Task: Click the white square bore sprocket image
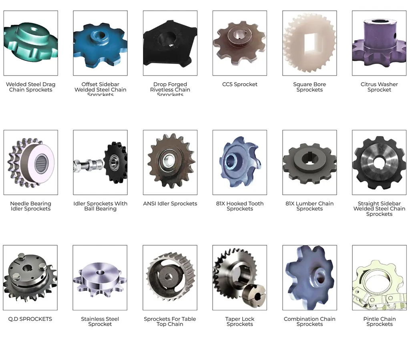point(310,43)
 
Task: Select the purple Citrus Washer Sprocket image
point(379,43)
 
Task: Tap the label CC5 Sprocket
point(240,84)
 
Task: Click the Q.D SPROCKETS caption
point(30,319)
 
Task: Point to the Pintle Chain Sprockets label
point(379,322)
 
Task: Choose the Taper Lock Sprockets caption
point(240,322)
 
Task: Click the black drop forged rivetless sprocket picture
point(170,43)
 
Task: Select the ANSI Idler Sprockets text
point(170,204)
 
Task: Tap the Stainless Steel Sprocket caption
point(100,322)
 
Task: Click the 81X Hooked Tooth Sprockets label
point(240,206)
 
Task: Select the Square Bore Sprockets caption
point(310,87)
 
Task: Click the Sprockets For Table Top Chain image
point(170,278)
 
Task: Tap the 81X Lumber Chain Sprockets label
point(310,206)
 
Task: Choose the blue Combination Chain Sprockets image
point(310,278)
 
